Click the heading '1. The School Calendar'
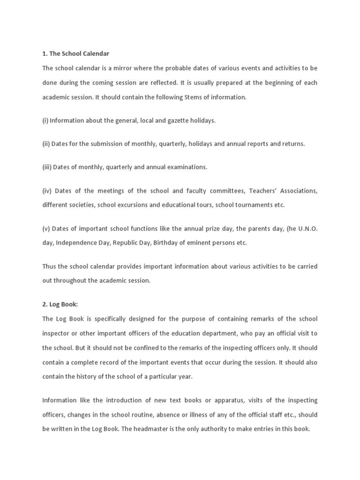pos(75,54)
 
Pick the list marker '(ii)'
pos(46,144)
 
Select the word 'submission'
pos(106,144)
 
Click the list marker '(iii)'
pos(47,167)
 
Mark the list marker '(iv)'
pos(47,191)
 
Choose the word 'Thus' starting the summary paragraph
pos(49,266)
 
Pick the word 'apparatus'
pos(216,400)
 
